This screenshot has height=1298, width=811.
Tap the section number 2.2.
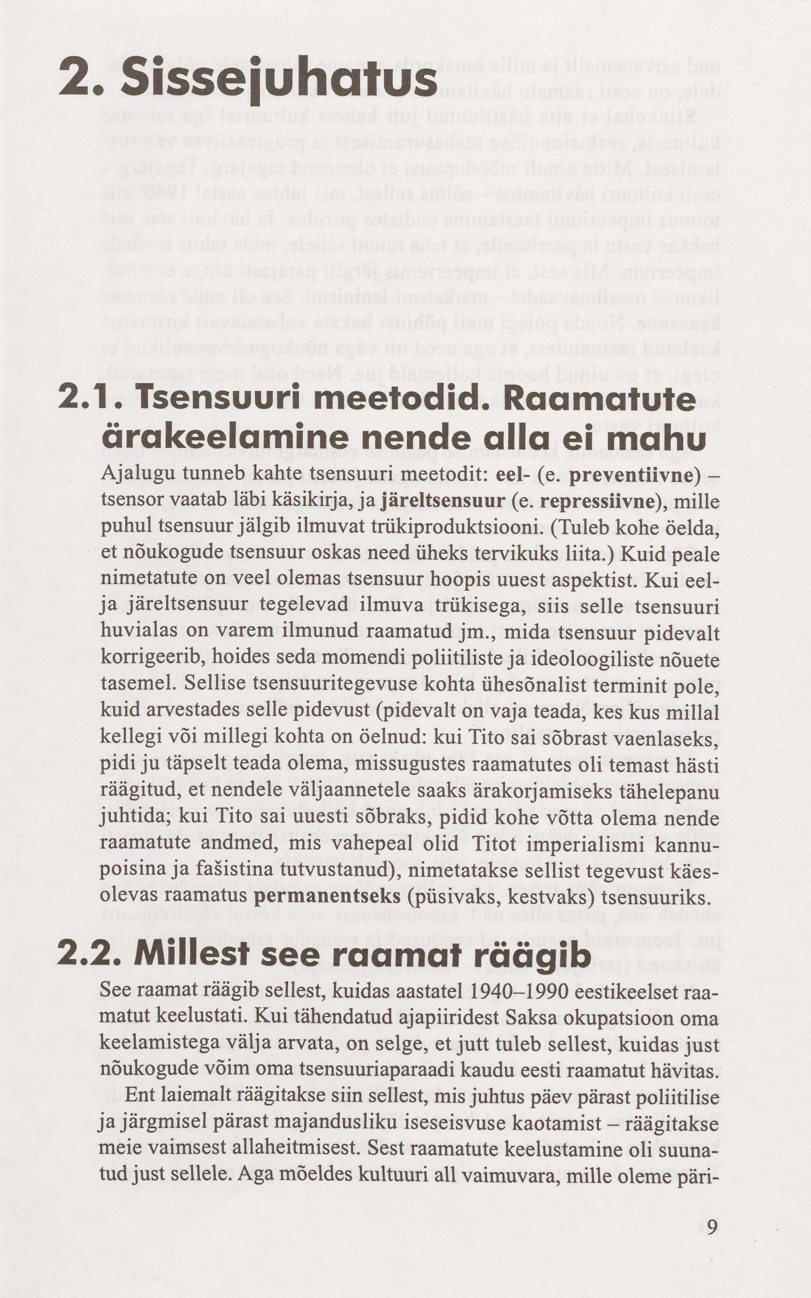(89, 954)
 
